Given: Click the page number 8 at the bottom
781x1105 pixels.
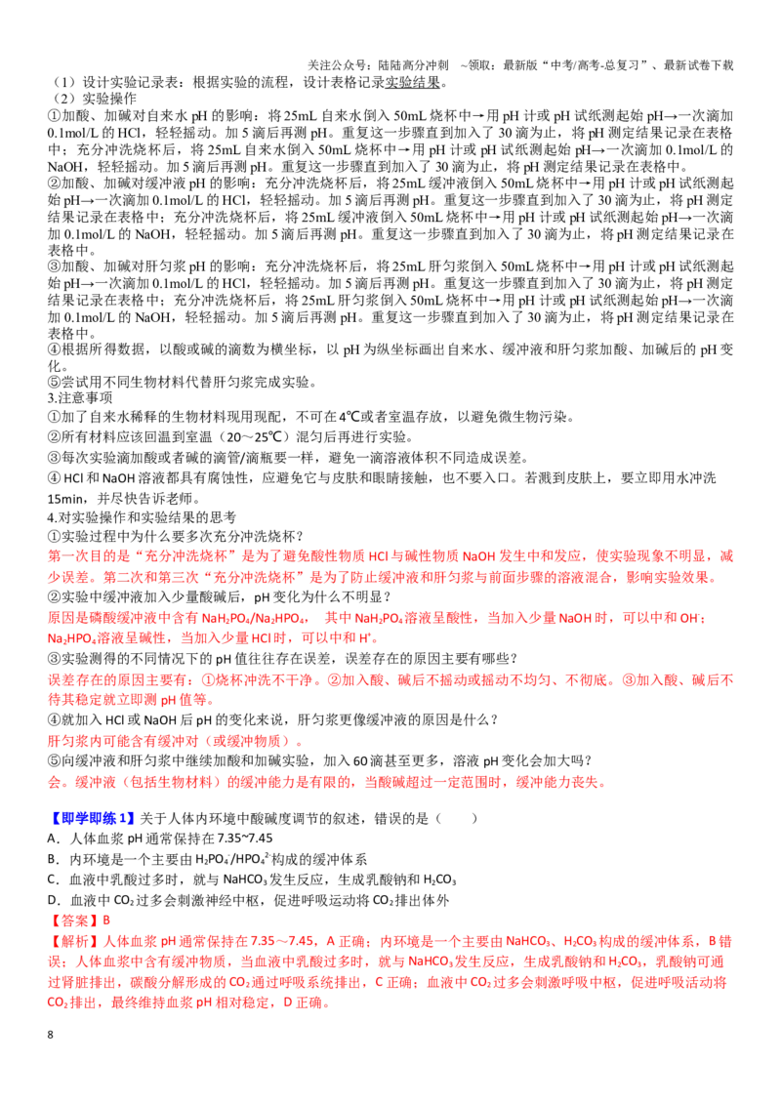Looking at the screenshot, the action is pos(50,1035).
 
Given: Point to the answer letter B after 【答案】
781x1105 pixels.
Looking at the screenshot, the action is pos(106,921).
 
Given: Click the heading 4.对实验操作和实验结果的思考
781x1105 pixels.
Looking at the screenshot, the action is pos(142,517).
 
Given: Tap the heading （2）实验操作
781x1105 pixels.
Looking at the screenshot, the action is pos(95,99).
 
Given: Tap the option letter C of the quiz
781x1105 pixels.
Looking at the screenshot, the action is pos(52,880).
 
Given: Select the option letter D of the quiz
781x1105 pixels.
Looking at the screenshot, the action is pos(52,900).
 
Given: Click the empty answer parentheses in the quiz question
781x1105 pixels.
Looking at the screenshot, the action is pos(457,818).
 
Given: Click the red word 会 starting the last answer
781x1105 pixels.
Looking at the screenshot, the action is pos(55,782).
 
